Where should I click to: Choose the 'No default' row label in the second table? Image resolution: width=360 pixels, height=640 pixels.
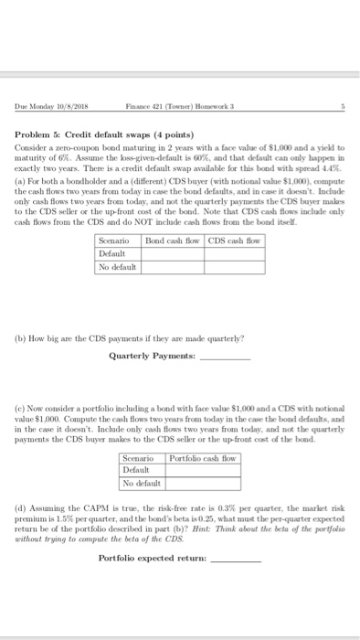pos(142,483)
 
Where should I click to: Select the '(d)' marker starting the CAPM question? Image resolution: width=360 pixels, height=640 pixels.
pos(19,505)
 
